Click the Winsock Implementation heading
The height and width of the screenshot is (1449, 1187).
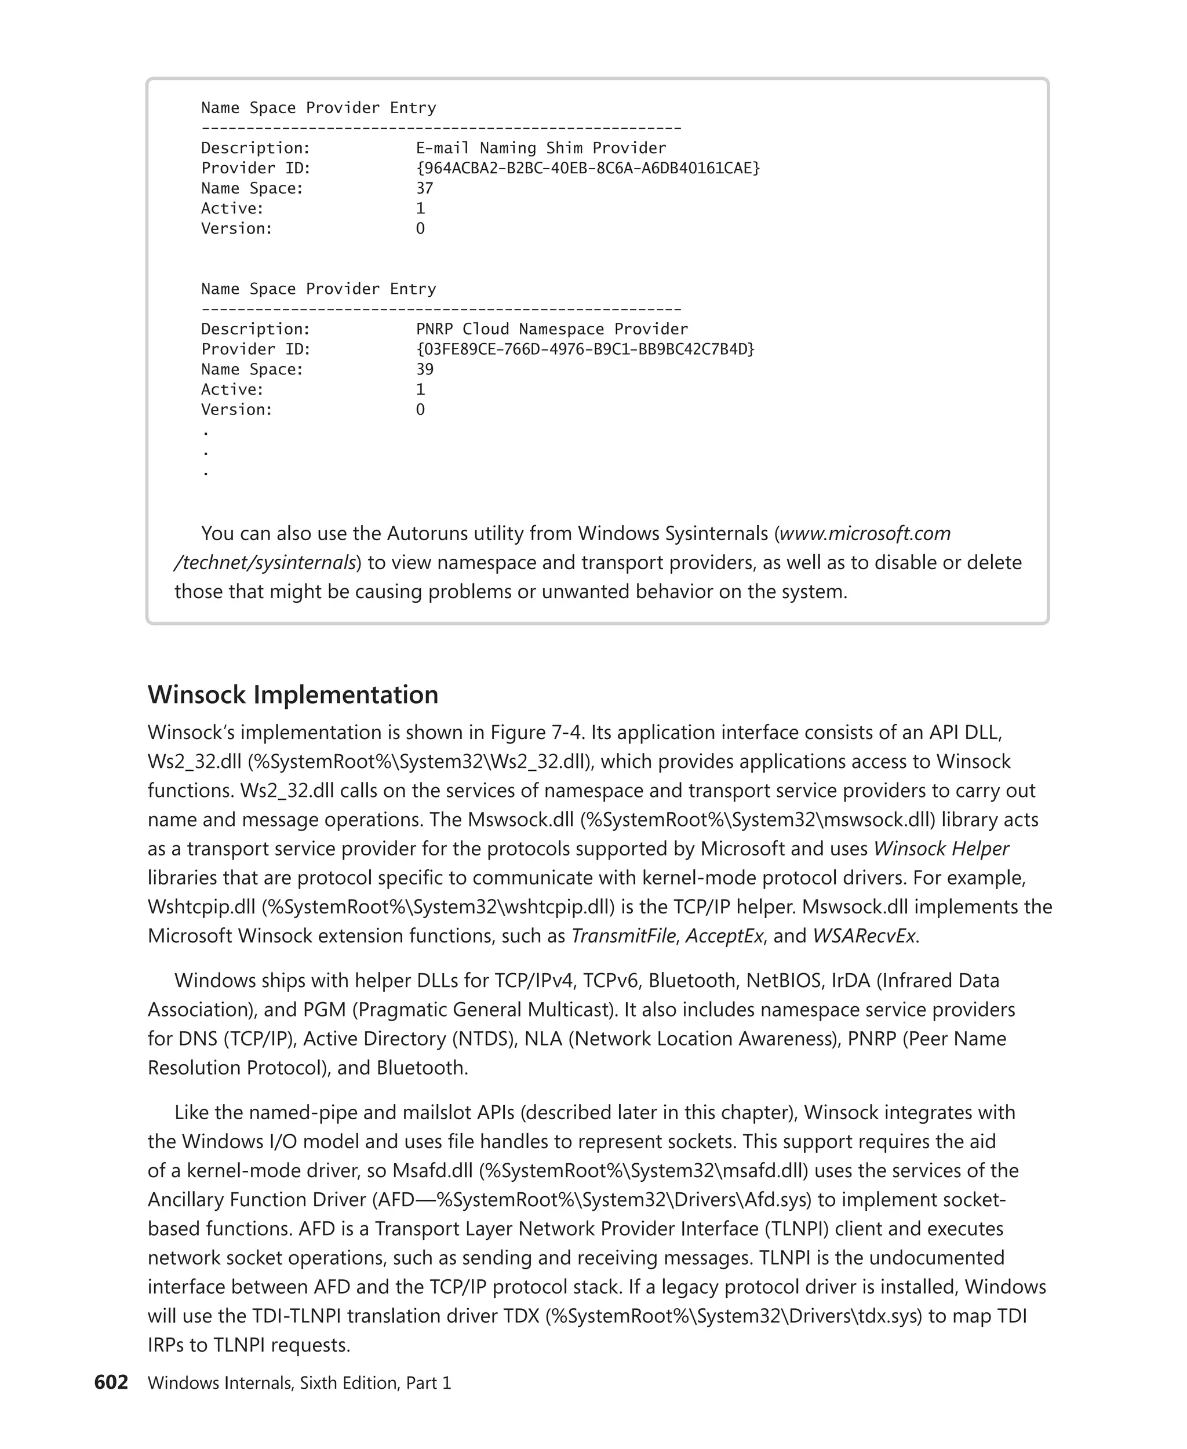click(x=293, y=695)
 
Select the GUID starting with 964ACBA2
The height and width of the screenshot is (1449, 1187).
click(x=587, y=168)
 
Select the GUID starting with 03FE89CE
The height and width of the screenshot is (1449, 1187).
click(x=585, y=349)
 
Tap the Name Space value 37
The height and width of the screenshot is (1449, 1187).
click(x=425, y=188)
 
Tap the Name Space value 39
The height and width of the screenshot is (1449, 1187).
click(x=425, y=369)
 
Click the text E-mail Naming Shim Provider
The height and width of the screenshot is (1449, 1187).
click(x=540, y=148)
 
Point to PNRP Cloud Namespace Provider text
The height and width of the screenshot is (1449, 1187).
click(x=551, y=329)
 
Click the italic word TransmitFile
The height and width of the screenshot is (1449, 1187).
click(x=623, y=935)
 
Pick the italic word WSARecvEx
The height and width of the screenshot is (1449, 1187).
click(x=864, y=935)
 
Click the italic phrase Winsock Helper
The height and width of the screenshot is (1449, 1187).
click(x=941, y=849)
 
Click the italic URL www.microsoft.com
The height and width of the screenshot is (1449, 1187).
click(x=865, y=533)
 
